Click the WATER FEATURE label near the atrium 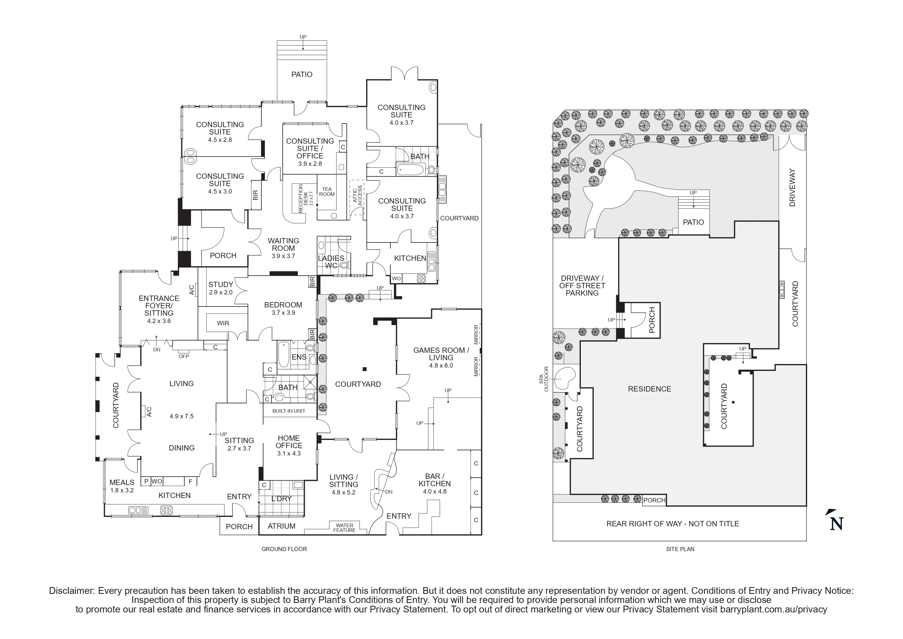click(344, 528)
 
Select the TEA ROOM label click(327, 192)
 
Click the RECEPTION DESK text click(303, 199)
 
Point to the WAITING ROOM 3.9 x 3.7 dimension click(283, 256)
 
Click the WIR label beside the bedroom click(223, 323)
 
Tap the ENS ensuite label click(299, 357)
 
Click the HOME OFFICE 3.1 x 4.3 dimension click(289, 453)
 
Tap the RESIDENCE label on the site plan click(649, 389)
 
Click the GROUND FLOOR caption click(284, 549)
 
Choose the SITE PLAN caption click(680, 549)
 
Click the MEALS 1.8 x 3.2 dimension click(122, 490)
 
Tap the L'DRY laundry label click(282, 499)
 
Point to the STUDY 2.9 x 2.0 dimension click(221, 292)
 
